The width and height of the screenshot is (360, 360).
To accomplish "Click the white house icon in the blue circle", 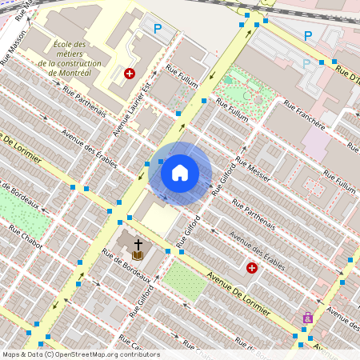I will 180,173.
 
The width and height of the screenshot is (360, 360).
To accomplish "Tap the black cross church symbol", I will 138,243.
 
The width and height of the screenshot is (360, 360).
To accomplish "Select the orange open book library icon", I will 138,255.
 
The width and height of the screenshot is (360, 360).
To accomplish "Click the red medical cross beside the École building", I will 130,74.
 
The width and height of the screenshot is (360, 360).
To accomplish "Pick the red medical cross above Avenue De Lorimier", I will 252,268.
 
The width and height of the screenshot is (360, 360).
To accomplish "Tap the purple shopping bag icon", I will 307,318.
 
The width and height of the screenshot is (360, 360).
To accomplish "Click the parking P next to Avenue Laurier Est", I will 158,28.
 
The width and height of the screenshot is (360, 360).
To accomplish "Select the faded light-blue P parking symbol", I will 306,63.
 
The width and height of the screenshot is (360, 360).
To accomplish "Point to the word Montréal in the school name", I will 76,73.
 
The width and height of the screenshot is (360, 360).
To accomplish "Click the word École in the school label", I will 69,46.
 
